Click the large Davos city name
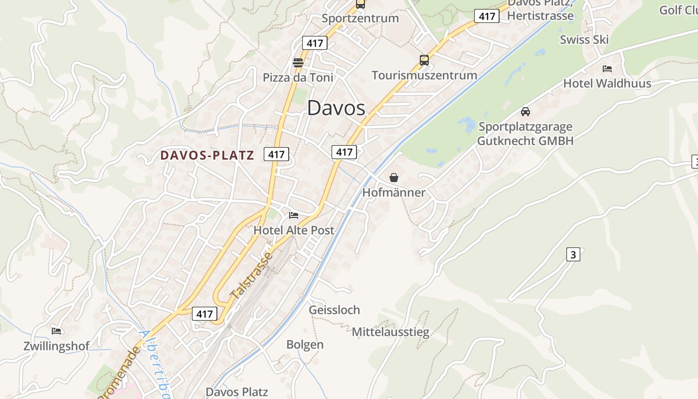(x=336, y=108)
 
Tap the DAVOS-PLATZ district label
(x=207, y=155)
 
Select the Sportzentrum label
(x=360, y=18)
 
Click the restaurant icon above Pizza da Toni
(x=298, y=63)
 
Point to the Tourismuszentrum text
(x=424, y=75)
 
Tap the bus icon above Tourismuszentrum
(x=424, y=60)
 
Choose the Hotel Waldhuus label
(x=607, y=83)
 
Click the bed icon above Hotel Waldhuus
(x=607, y=69)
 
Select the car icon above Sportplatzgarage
(x=525, y=112)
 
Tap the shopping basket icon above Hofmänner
(x=394, y=178)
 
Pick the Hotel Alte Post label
(x=294, y=230)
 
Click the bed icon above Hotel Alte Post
(x=294, y=215)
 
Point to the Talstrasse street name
(x=252, y=276)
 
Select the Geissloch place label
(x=334, y=310)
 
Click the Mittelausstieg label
(x=390, y=332)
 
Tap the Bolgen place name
(x=305, y=345)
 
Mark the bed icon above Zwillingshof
(x=56, y=331)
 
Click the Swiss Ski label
(x=584, y=40)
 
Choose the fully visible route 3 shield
(x=573, y=254)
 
